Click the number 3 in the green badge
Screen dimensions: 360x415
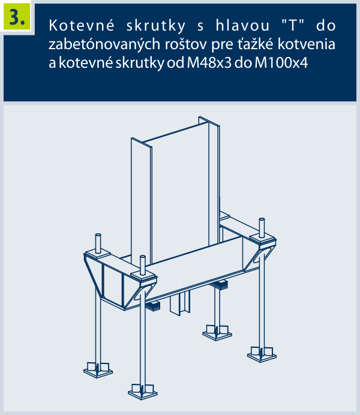pyautogui.click(x=15, y=17)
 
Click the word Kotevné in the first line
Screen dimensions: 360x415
pyautogui.click(x=82, y=26)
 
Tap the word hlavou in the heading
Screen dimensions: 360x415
pyautogui.click(x=242, y=26)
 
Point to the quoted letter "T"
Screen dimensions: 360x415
pyautogui.click(x=293, y=25)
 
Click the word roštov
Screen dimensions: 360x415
pyautogui.click(x=186, y=44)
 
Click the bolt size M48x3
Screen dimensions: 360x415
pyautogui.click(x=209, y=63)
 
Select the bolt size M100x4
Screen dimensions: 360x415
pyautogui.click(x=281, y=63)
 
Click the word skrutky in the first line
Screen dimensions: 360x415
pyautogui.click(x=155, y=26)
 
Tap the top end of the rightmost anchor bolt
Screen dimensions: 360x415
pyautogui.click(x=262, y=219)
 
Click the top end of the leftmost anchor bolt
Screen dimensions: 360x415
pyautogui.click(x=98, y=235)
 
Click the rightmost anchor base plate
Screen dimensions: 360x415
pyautogui.click(x=262, y=354)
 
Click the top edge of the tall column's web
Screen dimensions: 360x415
pyautogui.click(x=175, y=133)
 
